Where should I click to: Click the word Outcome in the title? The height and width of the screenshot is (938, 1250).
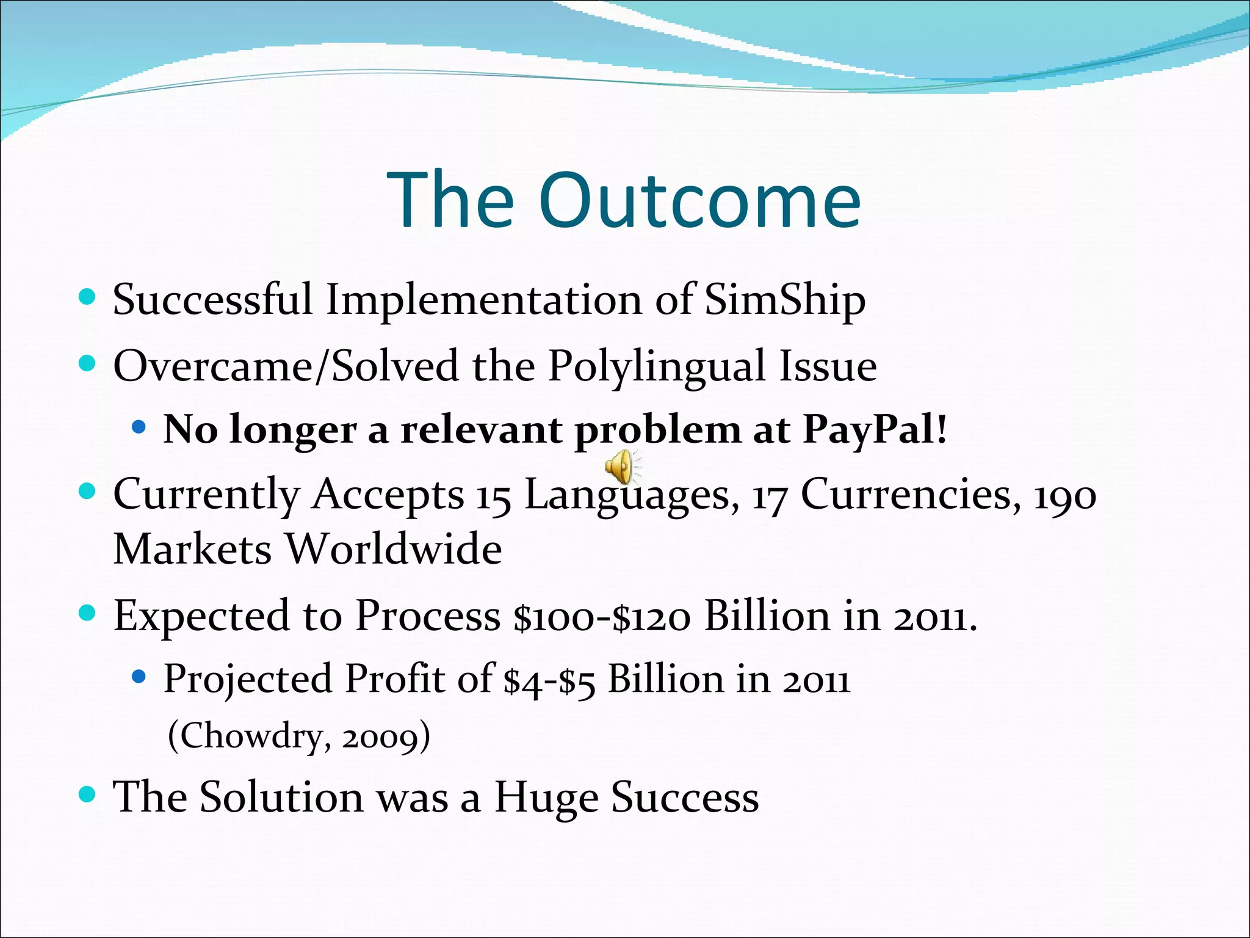click(x=699, y=200)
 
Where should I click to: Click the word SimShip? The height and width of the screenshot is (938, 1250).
click(x=785, y=300)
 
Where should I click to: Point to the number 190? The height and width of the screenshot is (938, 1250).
click(x=1064, y=495)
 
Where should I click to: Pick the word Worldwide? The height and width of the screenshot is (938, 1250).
click(x=394, y=548)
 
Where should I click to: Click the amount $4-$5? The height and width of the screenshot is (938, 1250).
click(x=549, y=680)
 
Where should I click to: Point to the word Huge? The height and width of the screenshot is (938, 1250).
click(x=545, y=798)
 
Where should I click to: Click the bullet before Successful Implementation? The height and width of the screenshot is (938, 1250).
click(x=88, y=297)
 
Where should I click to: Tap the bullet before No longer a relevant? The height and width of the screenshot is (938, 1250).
click(x=139, y=427)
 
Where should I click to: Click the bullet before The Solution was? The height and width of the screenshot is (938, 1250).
click(x=88, y=794)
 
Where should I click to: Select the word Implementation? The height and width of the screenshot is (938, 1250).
click(x=483, y=300)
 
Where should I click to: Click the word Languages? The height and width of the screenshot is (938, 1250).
click(x=627, y=495)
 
